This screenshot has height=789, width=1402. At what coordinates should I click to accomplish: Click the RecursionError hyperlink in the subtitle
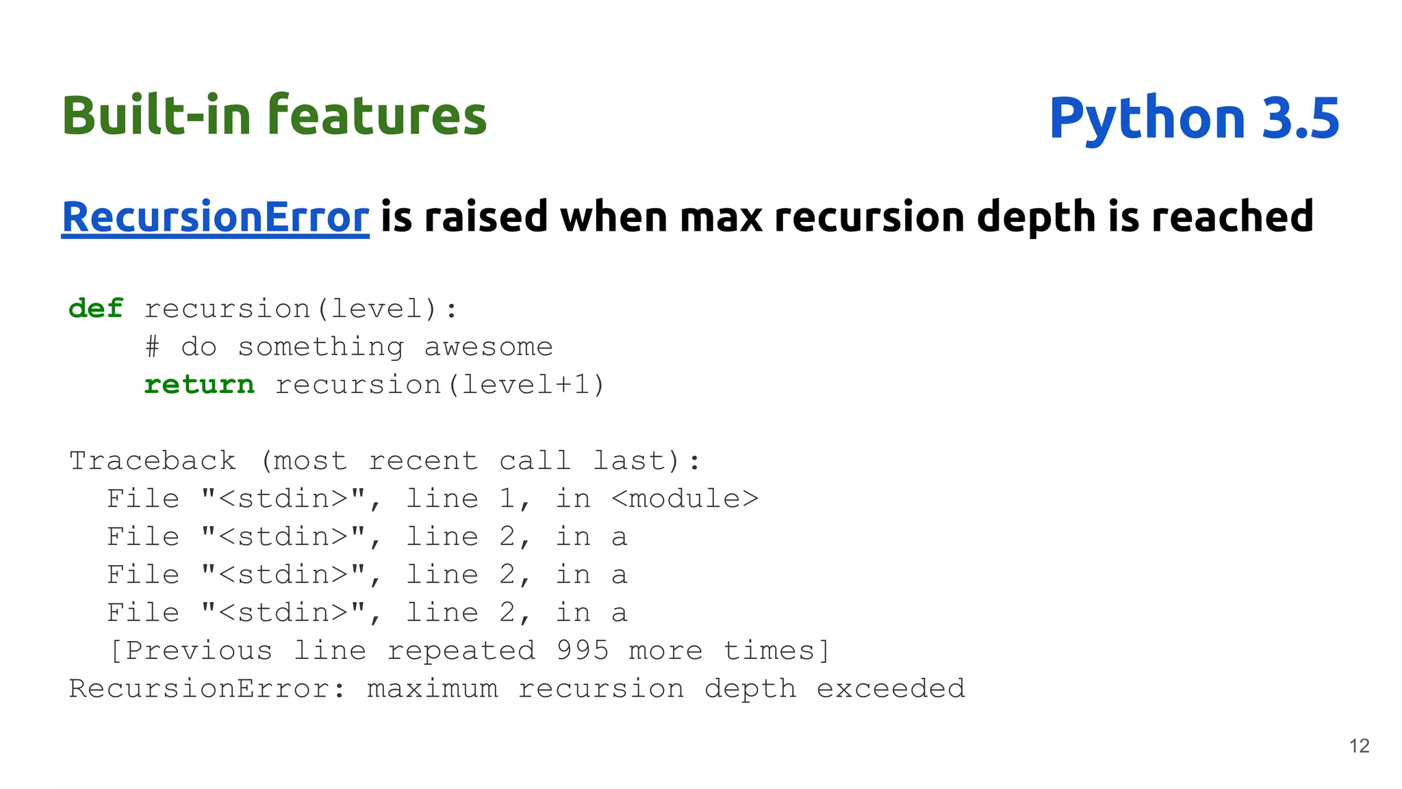[x=215, y=217]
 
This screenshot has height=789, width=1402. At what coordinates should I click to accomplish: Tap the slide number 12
[x=1359, y=746]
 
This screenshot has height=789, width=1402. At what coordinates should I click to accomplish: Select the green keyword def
[x=96, y=309]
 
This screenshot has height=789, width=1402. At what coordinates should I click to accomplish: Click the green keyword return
[x=199, y=385]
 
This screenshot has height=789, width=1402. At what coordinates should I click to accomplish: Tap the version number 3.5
[x=1300, y=118]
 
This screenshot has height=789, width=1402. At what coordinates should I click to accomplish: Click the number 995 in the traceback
[x=582, y=651]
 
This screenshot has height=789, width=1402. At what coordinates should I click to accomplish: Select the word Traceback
[x=153, y=461]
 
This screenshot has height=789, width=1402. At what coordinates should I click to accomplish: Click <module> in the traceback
[x=685, y=499]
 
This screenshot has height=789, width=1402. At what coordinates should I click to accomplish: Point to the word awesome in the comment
[x=488, y=347]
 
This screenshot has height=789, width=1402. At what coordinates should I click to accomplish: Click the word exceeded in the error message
[x=891, y=688]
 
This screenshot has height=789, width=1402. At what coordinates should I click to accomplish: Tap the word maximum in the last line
[x=433, y=688]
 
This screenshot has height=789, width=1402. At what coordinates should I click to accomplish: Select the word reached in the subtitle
[x=1232, y=217]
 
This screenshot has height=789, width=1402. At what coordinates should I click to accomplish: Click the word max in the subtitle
[x=721, y=217]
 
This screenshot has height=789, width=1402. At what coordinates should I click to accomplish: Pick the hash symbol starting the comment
[x=152, y=347]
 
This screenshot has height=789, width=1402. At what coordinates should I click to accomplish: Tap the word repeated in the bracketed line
[x=461, y=651]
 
